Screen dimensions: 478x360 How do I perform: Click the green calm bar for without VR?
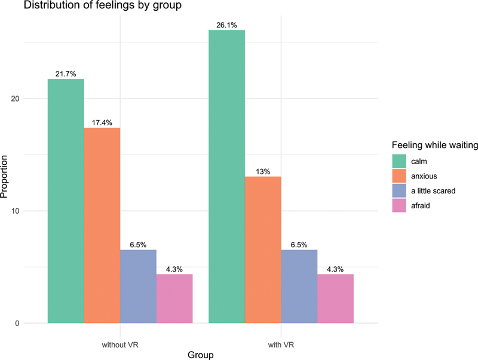pos(66,201)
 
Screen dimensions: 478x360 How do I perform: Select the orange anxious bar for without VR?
pos(102,226)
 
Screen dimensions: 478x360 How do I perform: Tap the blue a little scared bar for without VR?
pos(138,287)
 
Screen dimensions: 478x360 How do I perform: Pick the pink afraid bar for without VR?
pos(174,299)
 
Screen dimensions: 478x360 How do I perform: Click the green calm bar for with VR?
pos(227,176)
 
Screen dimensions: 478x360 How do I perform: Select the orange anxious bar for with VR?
pos(263,250)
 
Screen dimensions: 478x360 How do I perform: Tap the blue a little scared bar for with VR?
pos(299,287)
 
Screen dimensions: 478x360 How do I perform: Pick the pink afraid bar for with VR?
pos(335,299)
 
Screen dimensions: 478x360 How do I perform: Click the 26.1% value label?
pos(226,25)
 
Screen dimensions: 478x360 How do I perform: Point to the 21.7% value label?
pos(66,74)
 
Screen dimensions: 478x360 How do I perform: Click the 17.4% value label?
pos(102,123)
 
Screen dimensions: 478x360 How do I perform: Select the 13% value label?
pos(263,172)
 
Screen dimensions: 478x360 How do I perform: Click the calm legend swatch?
pos(399,161)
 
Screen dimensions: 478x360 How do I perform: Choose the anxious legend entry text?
pos(424,176)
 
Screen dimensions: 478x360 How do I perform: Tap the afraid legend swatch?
pos(399,205)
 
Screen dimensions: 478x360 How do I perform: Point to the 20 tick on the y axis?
pos(15,99)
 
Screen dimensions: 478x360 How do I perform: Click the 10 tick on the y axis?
pos(15,211)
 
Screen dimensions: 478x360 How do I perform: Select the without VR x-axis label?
pos(120,345)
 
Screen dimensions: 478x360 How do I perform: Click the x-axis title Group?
pos(201,355)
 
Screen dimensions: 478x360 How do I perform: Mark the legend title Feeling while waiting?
pos(435,145)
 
